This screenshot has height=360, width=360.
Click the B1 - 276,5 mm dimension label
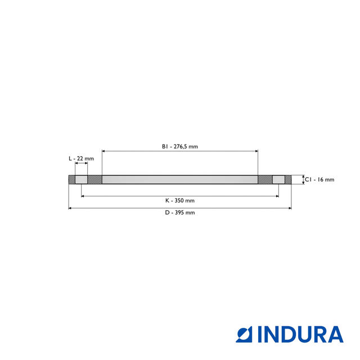coord(180,146)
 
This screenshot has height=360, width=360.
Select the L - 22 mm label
coord(81,159)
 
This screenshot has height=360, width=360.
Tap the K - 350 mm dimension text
coord(180,200)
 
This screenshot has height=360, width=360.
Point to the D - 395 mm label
coord(180,213)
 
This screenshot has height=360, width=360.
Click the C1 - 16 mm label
coord(319,180)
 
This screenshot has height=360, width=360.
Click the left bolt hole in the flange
coord(82,180)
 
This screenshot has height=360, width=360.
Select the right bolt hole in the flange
coord(278,180)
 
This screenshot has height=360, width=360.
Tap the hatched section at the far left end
coord(71,180)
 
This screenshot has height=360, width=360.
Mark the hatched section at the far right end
coord(288,180)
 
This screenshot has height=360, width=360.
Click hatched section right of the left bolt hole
coord(94,180)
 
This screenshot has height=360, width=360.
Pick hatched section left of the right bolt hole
coord(265,180)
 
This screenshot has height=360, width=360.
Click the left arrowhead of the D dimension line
coord(70,208)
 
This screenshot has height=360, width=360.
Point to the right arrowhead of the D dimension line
coord(290,208)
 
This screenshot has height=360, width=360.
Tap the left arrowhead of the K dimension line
coord(83,196)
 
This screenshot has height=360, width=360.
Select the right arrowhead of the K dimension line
coord(277,196)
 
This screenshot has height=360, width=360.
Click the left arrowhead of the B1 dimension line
coord(104,151)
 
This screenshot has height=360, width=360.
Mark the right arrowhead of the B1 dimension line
coord(256,151)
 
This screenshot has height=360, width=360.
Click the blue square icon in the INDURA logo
coord(245,334)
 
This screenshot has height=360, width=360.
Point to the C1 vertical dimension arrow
coord(304,180)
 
